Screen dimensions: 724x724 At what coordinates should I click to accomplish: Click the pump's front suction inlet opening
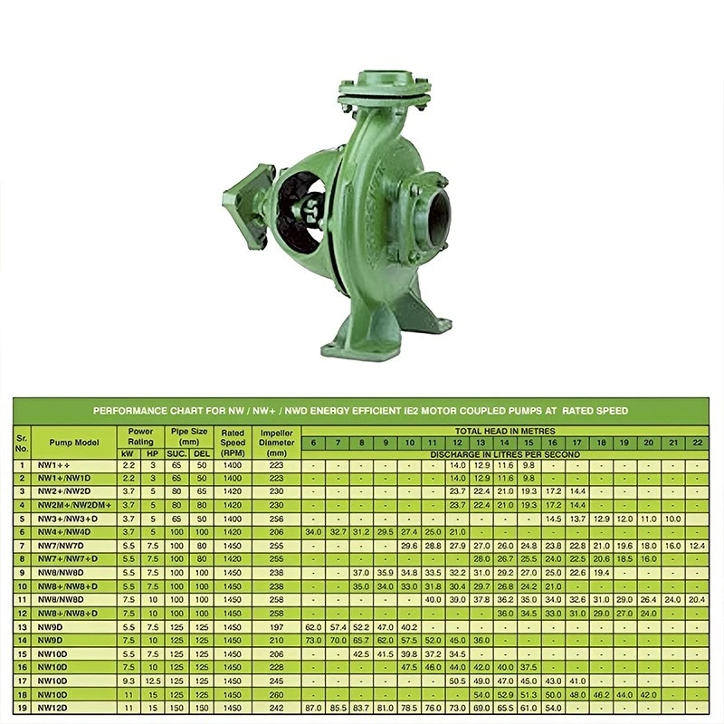[438, 218]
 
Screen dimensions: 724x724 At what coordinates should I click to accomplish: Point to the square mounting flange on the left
[245, 203]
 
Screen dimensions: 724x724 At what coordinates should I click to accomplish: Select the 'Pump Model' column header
[73, 442]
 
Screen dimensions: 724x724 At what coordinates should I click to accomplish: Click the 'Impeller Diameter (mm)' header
[277, 442]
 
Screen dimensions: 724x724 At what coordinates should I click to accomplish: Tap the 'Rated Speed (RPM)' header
[233, 442]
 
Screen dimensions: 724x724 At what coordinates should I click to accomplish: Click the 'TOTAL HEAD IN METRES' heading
[505, 431]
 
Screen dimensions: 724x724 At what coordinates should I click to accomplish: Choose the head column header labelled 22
[696, 443]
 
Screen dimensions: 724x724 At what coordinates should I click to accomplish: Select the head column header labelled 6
[314, 443]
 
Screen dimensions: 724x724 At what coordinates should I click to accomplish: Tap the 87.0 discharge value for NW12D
[314, 707]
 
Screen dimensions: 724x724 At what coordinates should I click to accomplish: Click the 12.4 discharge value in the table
[696, 546]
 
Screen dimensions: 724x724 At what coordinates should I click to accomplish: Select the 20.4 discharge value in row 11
[696, 599]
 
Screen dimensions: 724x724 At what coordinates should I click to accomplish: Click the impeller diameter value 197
[277, 625]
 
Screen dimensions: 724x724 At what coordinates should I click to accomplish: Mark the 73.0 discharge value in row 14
[314, 640]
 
